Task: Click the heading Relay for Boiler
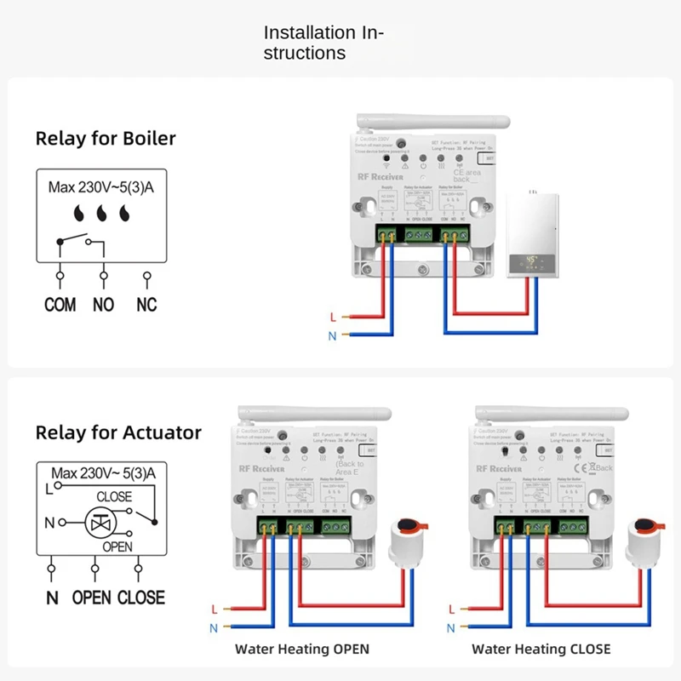tap(106, 139)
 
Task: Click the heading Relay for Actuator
tap(118, 432)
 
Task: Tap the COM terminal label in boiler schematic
tap(60, 304)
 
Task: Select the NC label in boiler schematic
tap(146, 304)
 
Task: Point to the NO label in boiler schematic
tap(103, 304)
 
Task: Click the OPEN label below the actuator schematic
tap(91, 598)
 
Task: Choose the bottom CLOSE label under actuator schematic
tap(140, 598)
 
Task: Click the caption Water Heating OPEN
tap(302, 649)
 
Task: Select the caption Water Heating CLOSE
tap(541, 649)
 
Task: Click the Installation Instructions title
tap(323, 43)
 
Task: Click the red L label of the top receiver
tap(332, 318)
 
